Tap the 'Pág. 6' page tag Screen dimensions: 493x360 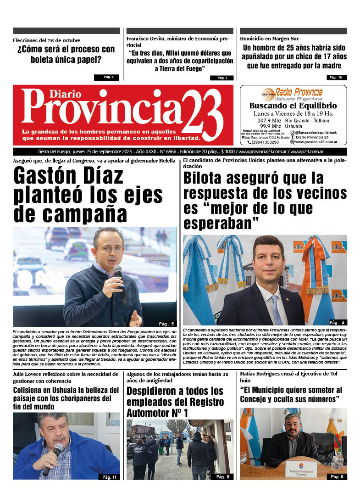pos(109,77)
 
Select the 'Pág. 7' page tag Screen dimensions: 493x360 pos(222,78)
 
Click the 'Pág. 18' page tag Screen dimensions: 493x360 pos(337,77)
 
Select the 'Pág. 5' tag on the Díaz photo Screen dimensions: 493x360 pos(166,323)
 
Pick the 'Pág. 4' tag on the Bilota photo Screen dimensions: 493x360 pos(337,322)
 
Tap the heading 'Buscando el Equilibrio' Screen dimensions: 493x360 pos(293,106)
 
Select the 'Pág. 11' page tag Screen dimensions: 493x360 pos(110,477)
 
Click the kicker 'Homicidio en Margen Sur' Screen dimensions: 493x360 pos(269,39)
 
